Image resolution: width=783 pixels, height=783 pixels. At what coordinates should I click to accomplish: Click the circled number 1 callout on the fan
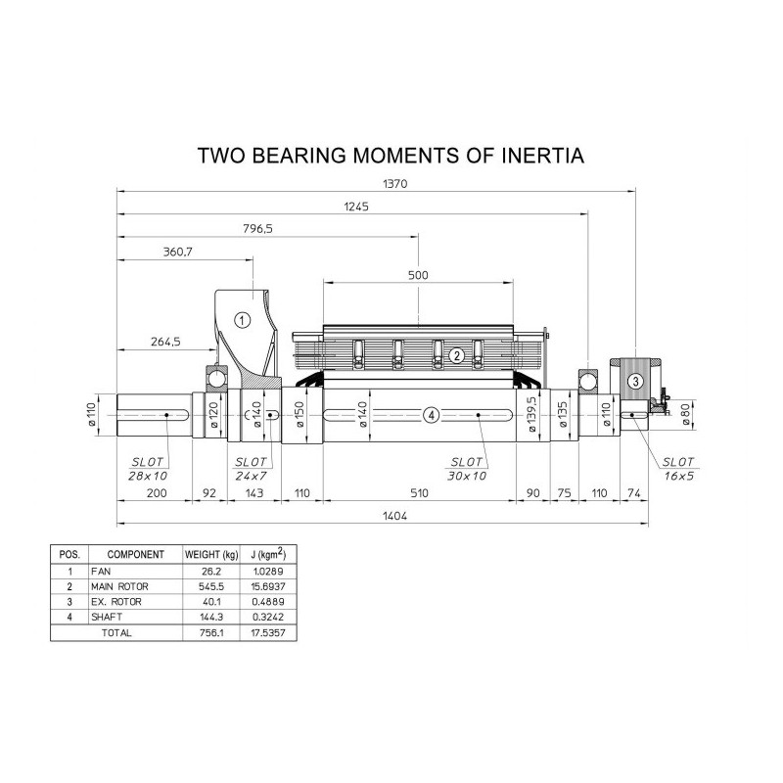click(x=242, y=320)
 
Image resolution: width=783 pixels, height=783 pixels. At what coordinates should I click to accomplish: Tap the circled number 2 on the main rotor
click(x=456, y=356)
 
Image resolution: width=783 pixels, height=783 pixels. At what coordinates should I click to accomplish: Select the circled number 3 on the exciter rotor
click(x=635, y=382)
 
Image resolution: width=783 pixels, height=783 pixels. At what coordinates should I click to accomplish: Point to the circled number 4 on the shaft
click(x=432, y=414)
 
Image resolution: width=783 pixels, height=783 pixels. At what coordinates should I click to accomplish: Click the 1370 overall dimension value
click(x=395, y=184)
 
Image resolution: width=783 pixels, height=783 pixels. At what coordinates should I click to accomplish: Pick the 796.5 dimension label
click(x=257, y=229)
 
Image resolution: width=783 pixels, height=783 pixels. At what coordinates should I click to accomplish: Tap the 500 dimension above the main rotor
click(x=418, y=275)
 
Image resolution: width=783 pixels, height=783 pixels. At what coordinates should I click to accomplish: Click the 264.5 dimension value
click(x=165, y=342)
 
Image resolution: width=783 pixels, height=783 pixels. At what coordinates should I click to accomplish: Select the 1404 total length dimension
click(x=395, y=516)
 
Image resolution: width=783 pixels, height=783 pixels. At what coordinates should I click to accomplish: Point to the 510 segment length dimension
click(x=419, y=493)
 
